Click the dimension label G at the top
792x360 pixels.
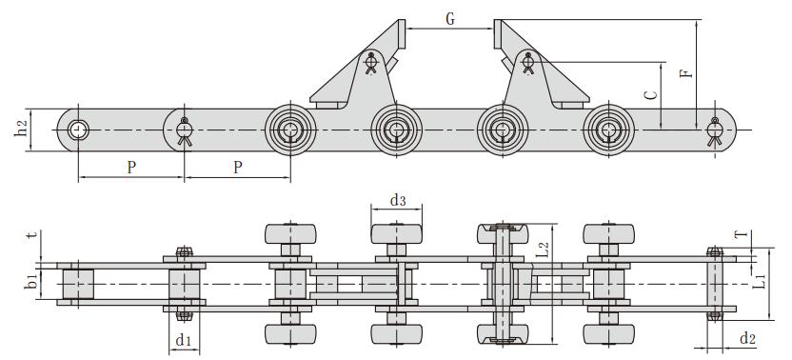click(x=448, y=17)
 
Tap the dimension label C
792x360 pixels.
click(x=650, y=95)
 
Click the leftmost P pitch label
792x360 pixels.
click(x=130, y=167)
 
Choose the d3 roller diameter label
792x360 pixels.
click(x=398, y=201)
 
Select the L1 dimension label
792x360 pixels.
click(x=760, y=283)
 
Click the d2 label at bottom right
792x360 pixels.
click(x=747, y=337)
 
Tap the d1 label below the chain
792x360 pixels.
click(x=184, y=339)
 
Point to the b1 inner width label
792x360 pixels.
click(x=31, y=283)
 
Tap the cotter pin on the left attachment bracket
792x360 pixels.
click(x=370, y=65)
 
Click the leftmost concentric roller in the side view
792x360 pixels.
click(x=290, y=130)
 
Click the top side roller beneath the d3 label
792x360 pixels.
click(x=398, y=235)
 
